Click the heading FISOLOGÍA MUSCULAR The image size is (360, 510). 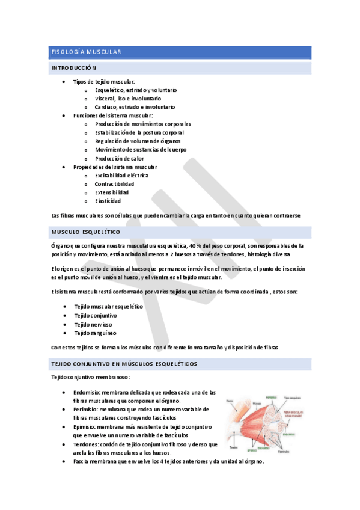tap(86, 52)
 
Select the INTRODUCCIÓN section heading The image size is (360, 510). tap(73, 68)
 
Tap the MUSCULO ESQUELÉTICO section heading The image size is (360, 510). tap(86, 232)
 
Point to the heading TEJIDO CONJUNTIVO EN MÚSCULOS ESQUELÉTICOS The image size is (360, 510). tap(124, 364)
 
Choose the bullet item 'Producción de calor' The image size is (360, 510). tap(119, 158)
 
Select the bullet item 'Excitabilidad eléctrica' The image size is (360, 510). tap(121, 175)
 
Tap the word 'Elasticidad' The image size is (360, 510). tap(108, 201)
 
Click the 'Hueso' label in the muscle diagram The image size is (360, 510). tap(230, 401)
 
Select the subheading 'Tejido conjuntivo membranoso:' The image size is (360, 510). tap(90, 377)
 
